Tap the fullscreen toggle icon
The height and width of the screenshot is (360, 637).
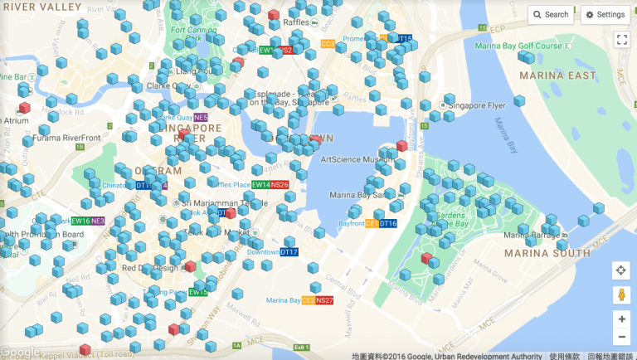pyautogui.click(x=621, y=39)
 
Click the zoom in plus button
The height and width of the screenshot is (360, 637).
pyautogui.click(x=621, y=319)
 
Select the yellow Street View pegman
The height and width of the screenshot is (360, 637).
pyautogui.click(x=621, y=294)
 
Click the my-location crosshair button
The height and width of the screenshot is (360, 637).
pyautogui.click(x=621, y=270)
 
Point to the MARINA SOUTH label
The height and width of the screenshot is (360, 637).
pyautogui.click(x=540, y=253)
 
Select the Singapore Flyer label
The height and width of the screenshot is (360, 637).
pyautogui.click(x=484, y=106)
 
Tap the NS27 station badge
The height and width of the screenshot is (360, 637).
pyautogui.click(x=324, y=300)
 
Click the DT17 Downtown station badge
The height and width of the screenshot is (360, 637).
pyautogui.click(x=289, y=252)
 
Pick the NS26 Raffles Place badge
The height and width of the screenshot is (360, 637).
pyautogui.click(x=280, y=184)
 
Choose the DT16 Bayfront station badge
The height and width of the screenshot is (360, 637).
pyautogui.click(x=387, y=224)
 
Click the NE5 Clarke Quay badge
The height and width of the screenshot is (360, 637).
pyautogui.click(x=200, y=118)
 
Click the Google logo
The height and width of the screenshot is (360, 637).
pyautogui.click(x=20, y=352)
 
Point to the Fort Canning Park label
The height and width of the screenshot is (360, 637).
pyautogui.click(x=190, y=34)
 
